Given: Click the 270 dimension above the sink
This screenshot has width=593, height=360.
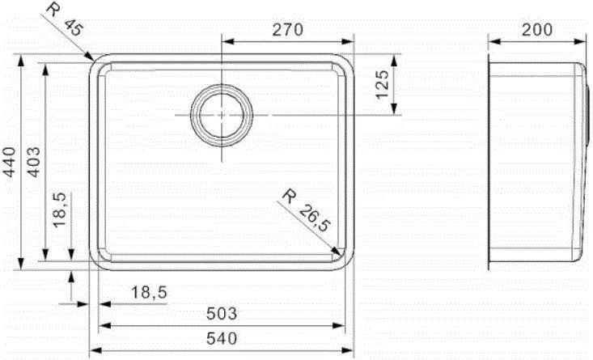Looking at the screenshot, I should [287, 30].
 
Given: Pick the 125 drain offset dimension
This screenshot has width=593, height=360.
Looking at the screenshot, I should [383, 84].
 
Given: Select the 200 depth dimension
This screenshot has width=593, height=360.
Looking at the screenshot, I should [537, 30].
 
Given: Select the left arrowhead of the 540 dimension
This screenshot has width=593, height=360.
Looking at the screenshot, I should [92, 350].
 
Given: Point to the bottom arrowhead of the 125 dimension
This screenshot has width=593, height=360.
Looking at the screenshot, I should [393, 112].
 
